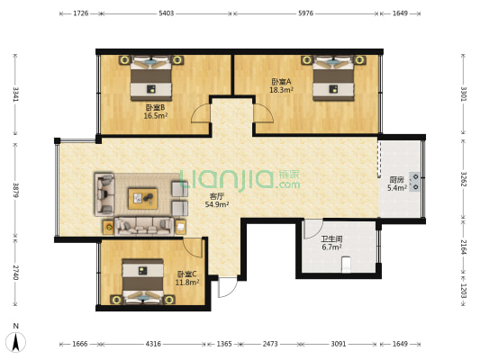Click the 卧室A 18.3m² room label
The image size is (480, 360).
[281, 85]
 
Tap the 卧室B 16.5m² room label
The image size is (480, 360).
[156, 112]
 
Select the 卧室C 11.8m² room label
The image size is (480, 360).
[187, 278]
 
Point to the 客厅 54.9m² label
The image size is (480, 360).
[217, 201]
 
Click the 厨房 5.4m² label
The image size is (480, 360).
[397, 184]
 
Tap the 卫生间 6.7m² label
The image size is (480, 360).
[331, 243]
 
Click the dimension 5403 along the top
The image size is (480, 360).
[167, 13]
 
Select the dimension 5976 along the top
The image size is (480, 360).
[306, 13]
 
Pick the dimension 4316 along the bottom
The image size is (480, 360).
[153, 344]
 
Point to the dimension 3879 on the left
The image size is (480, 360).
[15, 190]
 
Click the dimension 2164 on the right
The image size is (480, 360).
[463, 247]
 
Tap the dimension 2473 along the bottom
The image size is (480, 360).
[270, 344]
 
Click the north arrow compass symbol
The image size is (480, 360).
[16, 342]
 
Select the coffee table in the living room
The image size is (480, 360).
[143, 199]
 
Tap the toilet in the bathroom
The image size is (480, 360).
[346, 265]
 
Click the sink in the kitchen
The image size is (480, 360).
[415, 182]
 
